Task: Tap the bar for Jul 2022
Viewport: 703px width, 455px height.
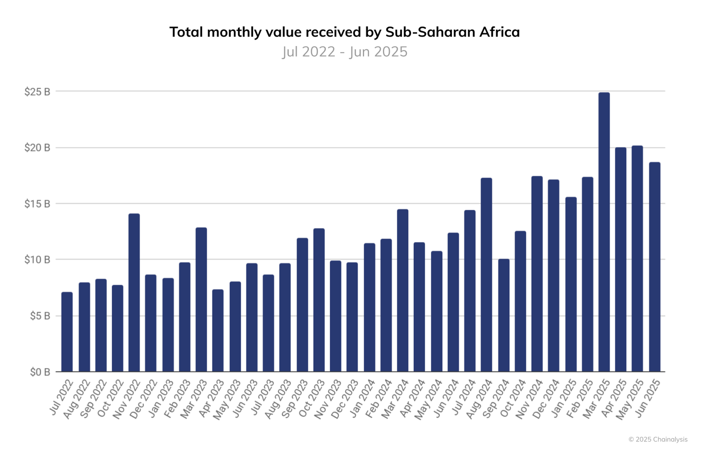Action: pos(67,332)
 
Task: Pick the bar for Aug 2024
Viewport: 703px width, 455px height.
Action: pos(486,275)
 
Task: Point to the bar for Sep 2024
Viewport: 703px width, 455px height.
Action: pos(504,315)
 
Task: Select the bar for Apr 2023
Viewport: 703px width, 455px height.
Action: pos(218,331)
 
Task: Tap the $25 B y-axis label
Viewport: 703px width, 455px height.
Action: pos(37,92)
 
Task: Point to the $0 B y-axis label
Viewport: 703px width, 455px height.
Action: pos(40,372)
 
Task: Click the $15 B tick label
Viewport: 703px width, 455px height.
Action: pos(37,204)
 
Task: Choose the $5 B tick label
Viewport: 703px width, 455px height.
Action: pos(40,316)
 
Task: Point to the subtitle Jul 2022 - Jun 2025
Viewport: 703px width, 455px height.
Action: pos(345,52)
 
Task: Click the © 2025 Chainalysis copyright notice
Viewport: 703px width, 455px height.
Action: pos(658,439)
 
